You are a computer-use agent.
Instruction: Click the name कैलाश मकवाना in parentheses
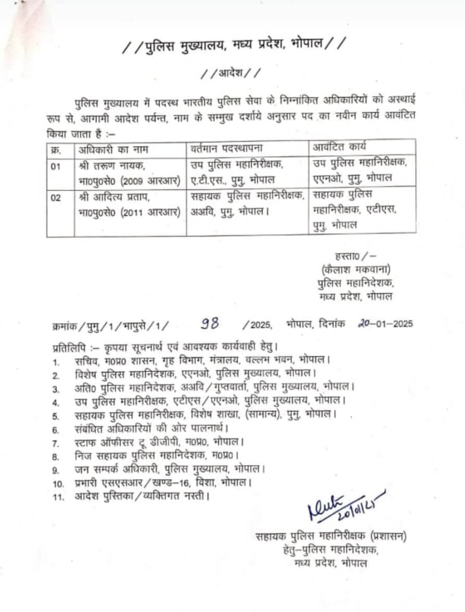356,269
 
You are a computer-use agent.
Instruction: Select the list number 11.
58,496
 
